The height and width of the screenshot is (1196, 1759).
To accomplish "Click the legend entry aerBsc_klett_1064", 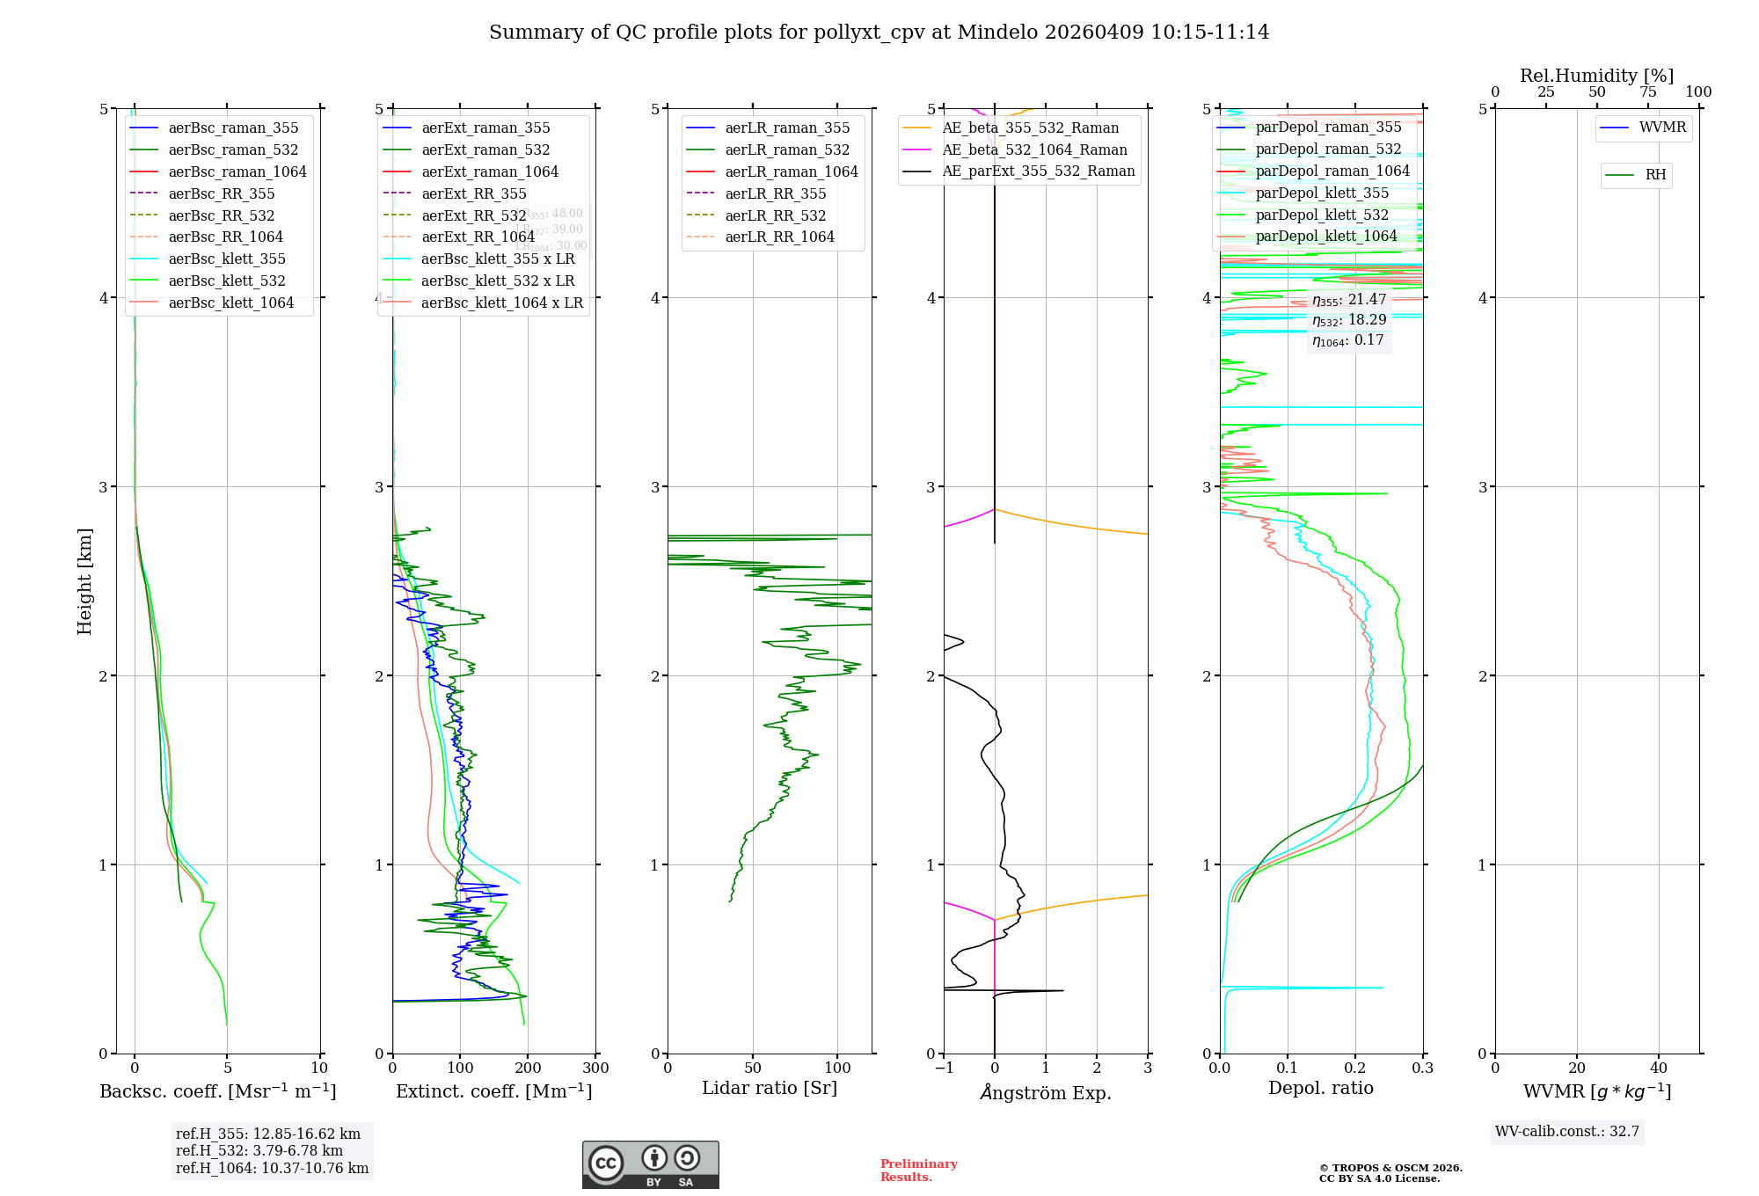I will click(x=230, y=303).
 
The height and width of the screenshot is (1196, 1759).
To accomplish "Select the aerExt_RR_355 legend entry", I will click(x=473, y=193).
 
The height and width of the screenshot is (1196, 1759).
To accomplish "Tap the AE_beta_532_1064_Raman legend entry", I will click(x=1034, y=149).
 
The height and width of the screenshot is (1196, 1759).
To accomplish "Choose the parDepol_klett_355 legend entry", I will click(x=1322, y=193).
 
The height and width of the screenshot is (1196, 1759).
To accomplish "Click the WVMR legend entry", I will click(x=1662, y=128).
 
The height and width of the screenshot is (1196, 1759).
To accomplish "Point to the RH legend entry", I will click(x=1655, y=175).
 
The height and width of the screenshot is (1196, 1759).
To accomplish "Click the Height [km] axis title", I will click(x=84, y=581).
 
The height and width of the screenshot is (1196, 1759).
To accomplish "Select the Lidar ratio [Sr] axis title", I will click(x=770, y=1088).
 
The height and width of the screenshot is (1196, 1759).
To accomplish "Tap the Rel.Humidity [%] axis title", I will click(x=1596, y=76).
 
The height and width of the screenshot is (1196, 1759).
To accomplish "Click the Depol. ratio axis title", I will click(x=1320, y=1088).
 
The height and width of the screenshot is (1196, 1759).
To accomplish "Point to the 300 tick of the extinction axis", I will click(x=595, y=1068).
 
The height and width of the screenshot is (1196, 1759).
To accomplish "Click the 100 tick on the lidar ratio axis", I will click(x=837, y=1068).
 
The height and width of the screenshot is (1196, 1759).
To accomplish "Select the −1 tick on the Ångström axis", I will click(x=944, y=1068).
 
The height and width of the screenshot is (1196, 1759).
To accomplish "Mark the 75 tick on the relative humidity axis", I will click(x=1647, y=92).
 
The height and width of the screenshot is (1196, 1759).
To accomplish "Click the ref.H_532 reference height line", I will click(x=259, y=1150).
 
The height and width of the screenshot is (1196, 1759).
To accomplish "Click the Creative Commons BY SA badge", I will click(x=650, y=1165).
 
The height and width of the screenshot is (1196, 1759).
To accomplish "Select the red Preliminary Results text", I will click(x=918, y=1170).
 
